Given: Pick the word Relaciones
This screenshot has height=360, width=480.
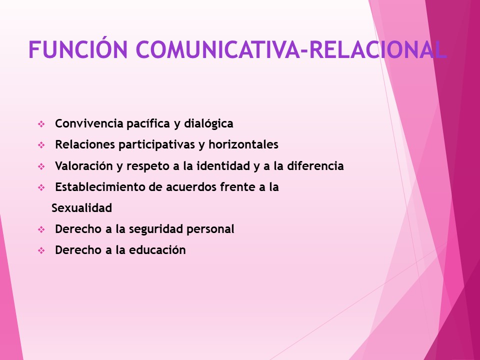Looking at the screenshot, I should (x=84, y=144).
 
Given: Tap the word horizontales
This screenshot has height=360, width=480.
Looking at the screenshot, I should (x=243, y=144).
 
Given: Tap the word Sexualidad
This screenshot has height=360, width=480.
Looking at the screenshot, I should (x=81, y=208).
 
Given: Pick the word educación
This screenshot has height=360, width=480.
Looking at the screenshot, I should (x=158, y=250).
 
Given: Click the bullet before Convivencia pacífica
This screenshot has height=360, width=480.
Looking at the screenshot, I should (x=41, y=123).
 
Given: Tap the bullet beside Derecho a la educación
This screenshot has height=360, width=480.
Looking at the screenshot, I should (x=41, y=251).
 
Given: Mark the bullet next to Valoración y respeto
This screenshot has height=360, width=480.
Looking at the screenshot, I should (x=41, y=166).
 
